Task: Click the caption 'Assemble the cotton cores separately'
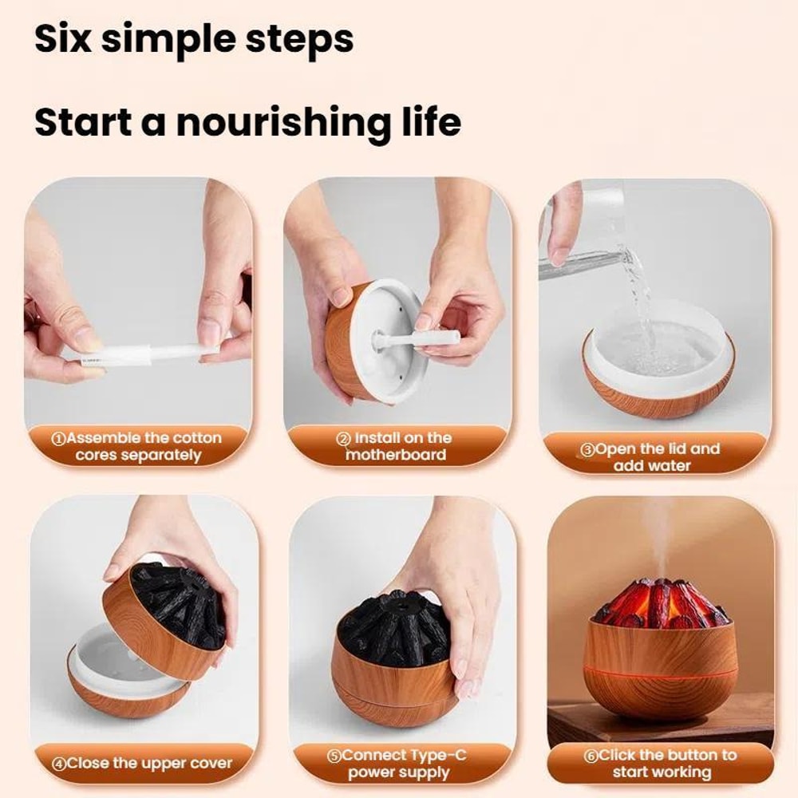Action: [x=137, y=447]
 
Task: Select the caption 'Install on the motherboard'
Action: [x=396, y=446]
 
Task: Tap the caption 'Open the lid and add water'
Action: [x=652, y=456]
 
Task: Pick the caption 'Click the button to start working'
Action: [x=662, y=763]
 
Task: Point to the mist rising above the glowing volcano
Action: [x=656, y=535]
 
